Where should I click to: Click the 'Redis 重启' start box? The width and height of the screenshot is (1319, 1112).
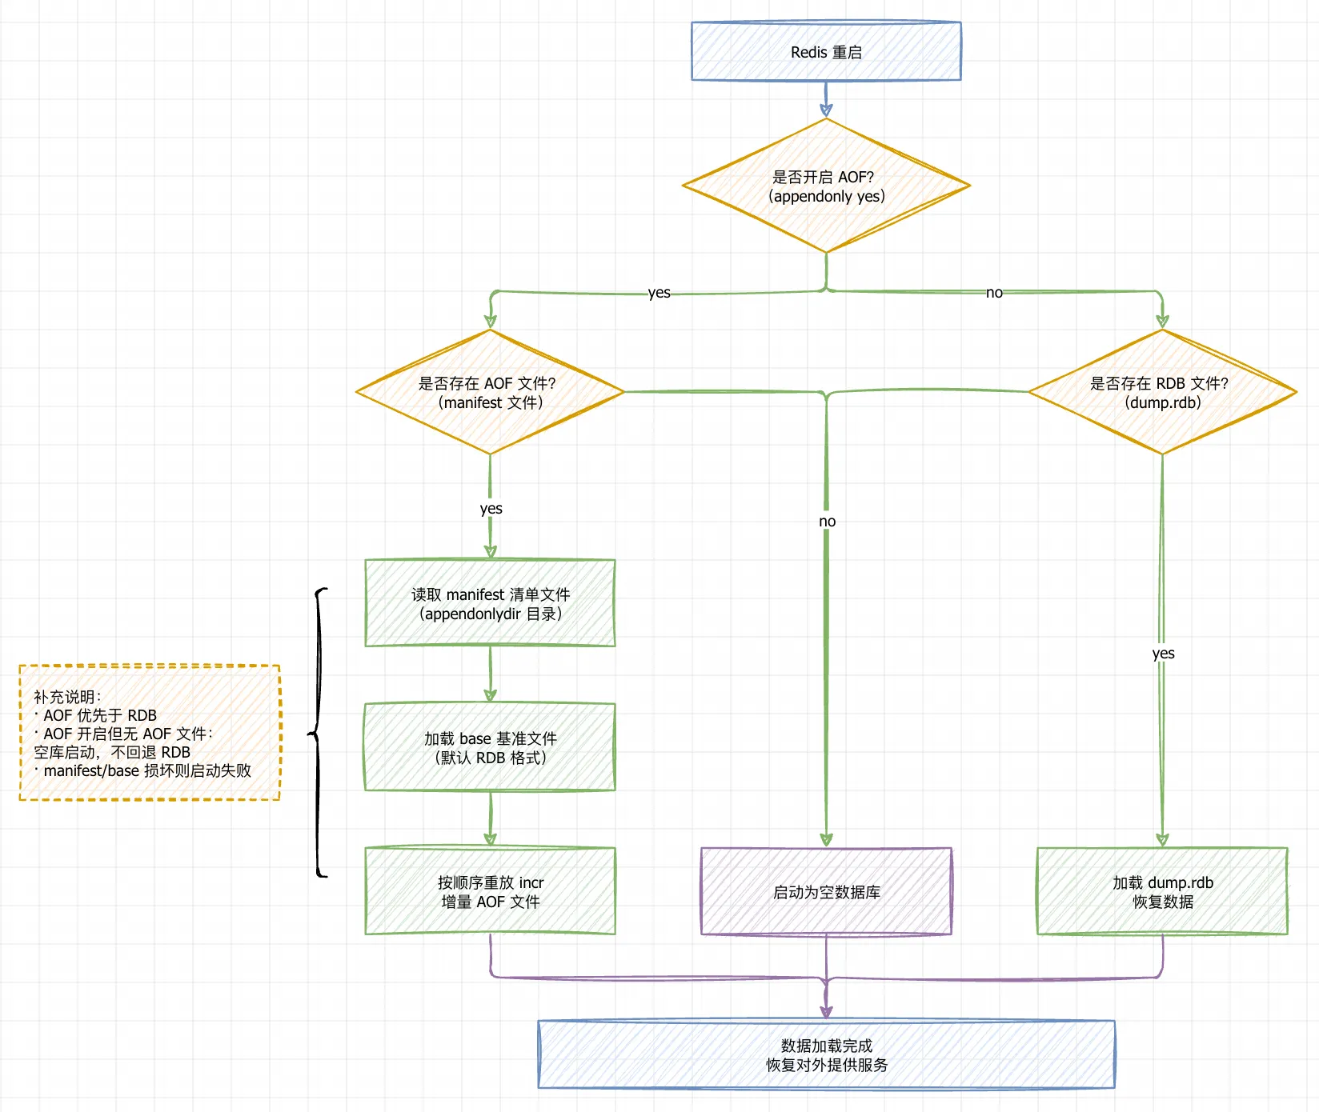[x=826, y=51]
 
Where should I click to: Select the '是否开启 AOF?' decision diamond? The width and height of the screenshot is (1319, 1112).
[x=826, y=186]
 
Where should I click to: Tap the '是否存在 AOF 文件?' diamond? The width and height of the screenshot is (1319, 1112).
[x=490, y=392]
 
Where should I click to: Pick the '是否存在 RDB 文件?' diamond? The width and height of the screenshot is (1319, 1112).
[x=1162, y=392]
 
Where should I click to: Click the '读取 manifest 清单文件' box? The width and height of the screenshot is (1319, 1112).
[x=490, y=603]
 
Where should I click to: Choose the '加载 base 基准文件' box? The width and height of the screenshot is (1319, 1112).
[x=490, y=747]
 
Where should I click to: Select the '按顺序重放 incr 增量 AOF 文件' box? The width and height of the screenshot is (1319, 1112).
[x=490, y=891]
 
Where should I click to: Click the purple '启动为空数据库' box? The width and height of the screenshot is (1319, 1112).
[x=826, y=891]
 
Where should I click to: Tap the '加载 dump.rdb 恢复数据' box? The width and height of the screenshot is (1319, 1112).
[x=1162, y=891]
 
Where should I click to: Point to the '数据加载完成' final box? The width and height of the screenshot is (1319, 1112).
[x=826, y=1054]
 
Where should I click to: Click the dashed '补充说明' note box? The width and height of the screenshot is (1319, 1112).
[x=150, y=733]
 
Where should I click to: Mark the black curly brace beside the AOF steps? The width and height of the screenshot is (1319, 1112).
[x=319, y=733]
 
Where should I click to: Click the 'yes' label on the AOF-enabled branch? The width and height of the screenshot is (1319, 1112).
[x=659, y=293]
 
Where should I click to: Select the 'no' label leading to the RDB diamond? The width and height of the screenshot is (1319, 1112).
[x=994, y=293]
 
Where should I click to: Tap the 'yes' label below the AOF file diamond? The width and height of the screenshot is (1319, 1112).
[x=491, y=509]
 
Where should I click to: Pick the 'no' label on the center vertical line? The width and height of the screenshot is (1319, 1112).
[x=827, y=522]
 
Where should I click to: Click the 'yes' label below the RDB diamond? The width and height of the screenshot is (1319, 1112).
[x=1163, y=654]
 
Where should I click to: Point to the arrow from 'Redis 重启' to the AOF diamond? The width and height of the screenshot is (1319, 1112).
[x=826, y=99]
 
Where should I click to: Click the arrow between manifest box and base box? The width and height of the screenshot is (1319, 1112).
[x=490, y=674]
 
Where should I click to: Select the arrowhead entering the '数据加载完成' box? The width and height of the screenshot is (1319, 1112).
[x=826, y=1011]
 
